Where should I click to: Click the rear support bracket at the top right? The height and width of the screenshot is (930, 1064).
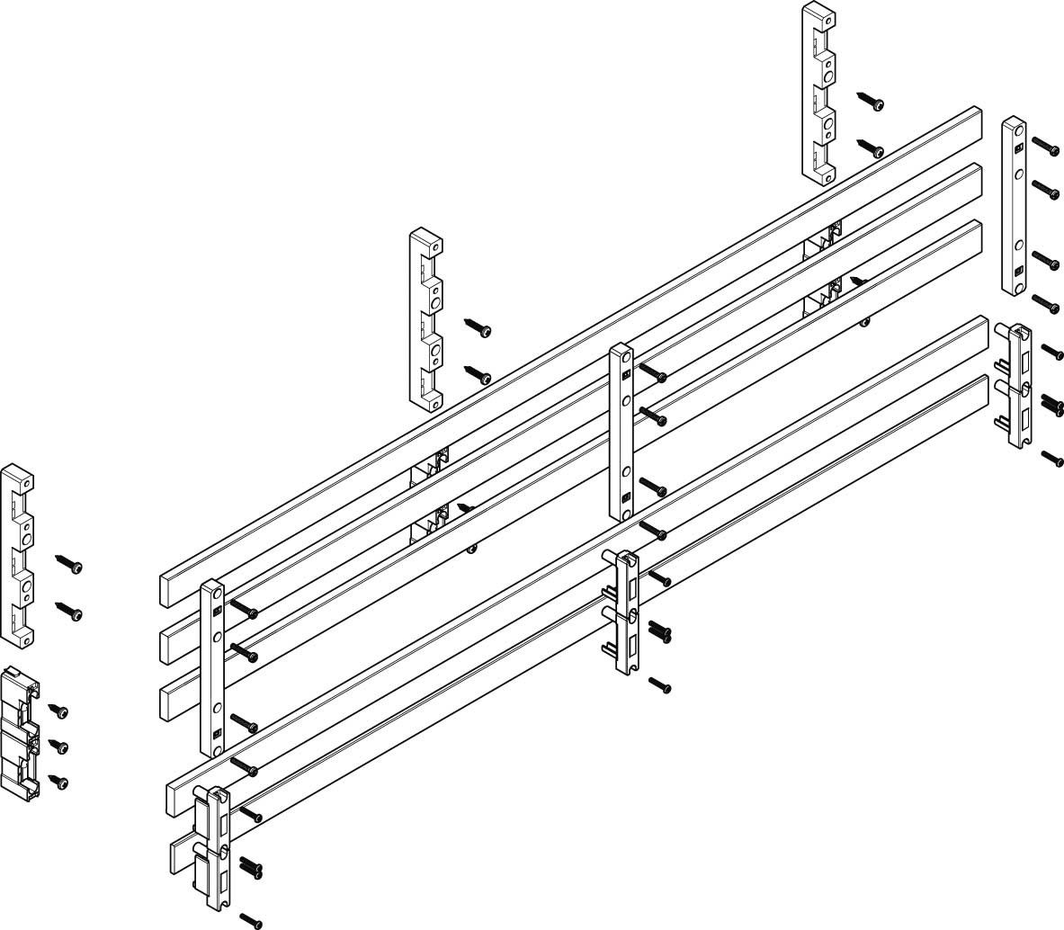[x=819, y=93]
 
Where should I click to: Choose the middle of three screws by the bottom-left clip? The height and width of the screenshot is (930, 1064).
[x=58, y=747]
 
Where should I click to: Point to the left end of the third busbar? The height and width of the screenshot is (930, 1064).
[x=171, y=701]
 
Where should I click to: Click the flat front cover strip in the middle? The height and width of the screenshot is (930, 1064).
[x=621, y=432]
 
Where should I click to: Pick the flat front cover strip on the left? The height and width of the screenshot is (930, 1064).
[x=212, y=668]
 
